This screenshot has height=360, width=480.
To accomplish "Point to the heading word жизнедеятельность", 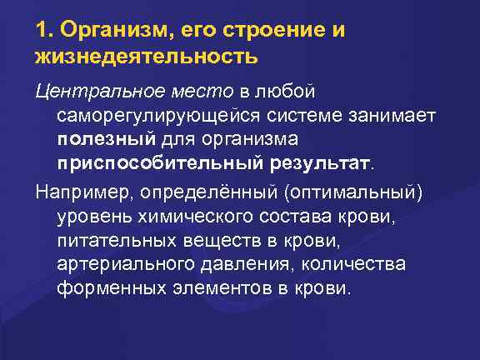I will (147, 57).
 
